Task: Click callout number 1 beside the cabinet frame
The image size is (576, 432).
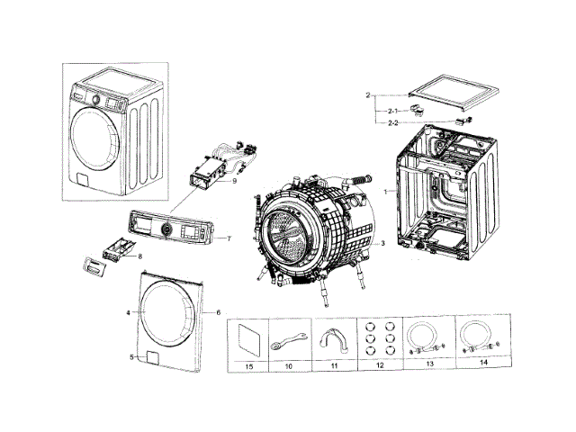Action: click(x=384, y=193)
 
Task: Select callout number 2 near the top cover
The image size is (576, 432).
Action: click(x=367, y=94)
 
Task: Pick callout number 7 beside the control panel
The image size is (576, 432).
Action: click(x=229, y=239)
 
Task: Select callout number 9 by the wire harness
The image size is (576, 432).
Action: click(x=233, y=181)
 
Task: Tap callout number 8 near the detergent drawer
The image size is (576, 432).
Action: click(x=139, y=256)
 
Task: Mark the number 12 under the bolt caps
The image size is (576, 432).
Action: click(x=379, y=368)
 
